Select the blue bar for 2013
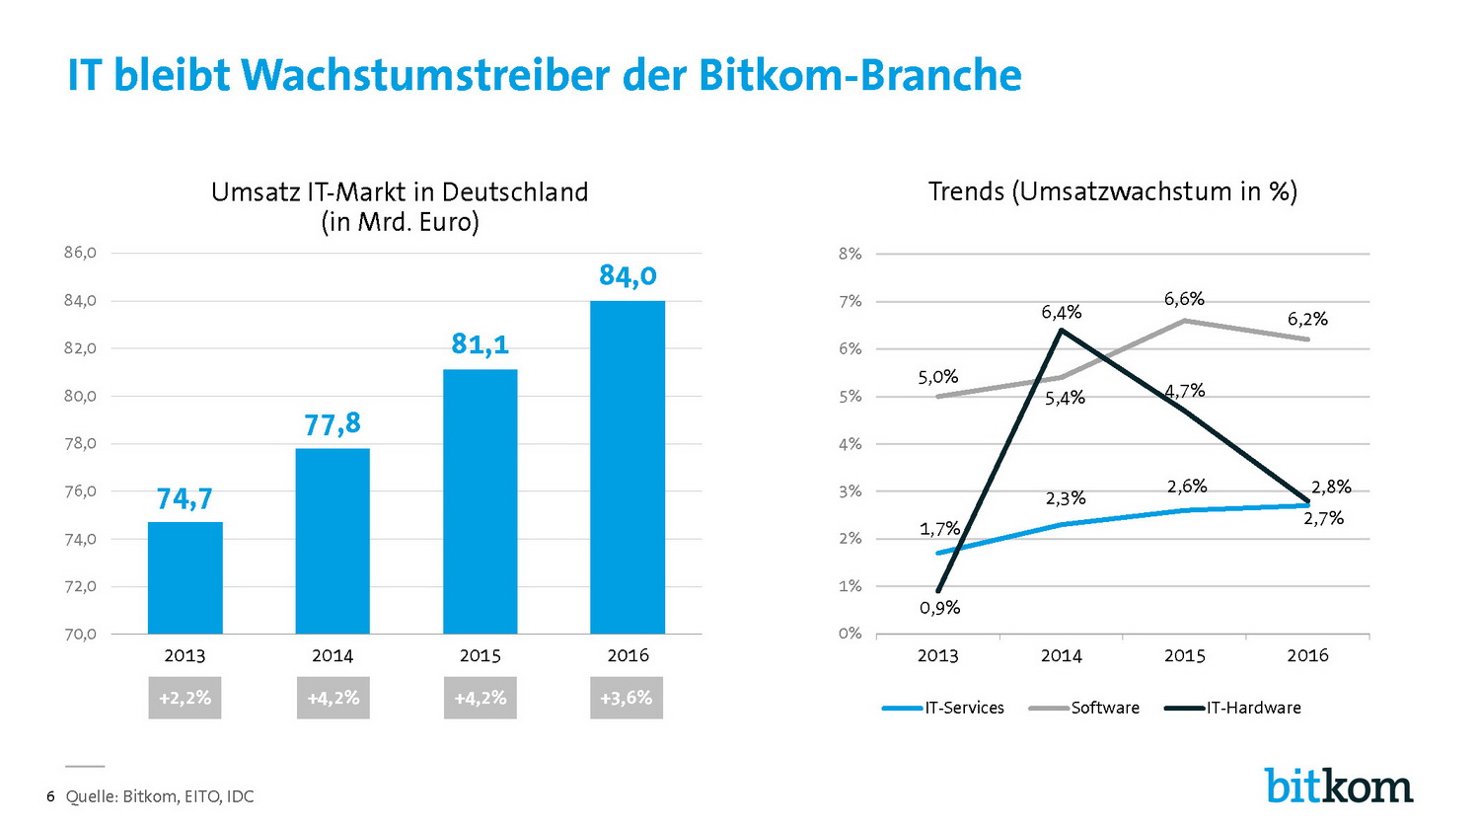coord(185,577)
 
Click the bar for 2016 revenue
coord(628,467)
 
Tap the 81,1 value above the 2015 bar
coord(481,344)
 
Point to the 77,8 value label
coord(333,424)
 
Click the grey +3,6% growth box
coord(627,698)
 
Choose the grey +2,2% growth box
coord(185,698)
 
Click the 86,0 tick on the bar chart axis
coord(80,253)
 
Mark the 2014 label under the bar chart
coord(333,655)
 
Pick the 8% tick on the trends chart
coord(850,254)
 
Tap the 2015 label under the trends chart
coord(1184,655)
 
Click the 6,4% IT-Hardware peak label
coord(1062,313)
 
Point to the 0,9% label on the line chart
coord(939,608)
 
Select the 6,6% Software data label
coord(1184,299)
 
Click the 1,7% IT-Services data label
coord(939,529)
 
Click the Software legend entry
coord(1084,708)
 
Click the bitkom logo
coord(1338,786)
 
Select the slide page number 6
coord(50,796)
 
